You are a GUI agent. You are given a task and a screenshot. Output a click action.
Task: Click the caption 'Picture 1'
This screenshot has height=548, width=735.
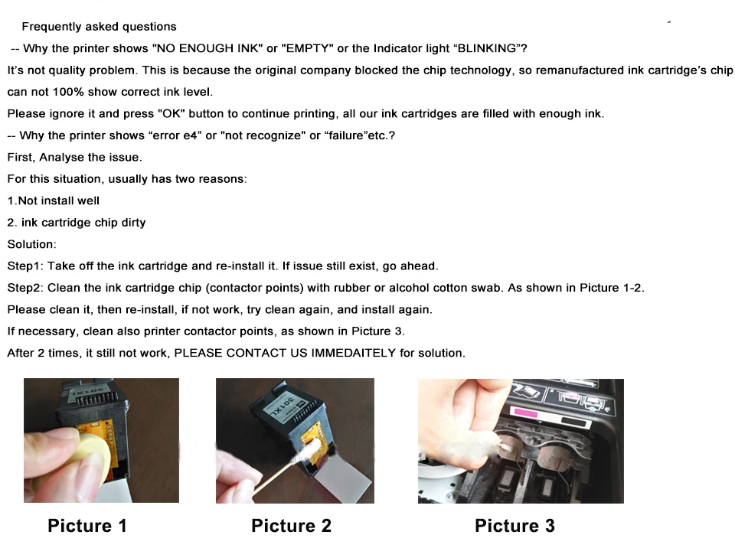87,526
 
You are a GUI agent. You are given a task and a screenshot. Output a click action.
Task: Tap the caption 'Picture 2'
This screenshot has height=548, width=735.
291,526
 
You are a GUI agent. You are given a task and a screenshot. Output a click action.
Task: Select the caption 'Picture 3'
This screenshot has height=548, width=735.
514,526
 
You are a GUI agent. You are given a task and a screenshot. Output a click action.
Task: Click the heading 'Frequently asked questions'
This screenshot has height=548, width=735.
99,27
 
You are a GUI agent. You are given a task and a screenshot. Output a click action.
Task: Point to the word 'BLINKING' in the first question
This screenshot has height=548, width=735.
486,48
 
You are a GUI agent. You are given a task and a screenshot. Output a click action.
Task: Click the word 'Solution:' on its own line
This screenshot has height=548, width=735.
31,244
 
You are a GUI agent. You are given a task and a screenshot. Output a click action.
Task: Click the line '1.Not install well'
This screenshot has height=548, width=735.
53,201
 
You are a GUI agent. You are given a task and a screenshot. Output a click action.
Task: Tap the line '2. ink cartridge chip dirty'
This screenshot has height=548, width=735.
76,223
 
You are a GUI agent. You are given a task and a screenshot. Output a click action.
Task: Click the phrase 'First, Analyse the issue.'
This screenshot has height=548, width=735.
74,157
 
